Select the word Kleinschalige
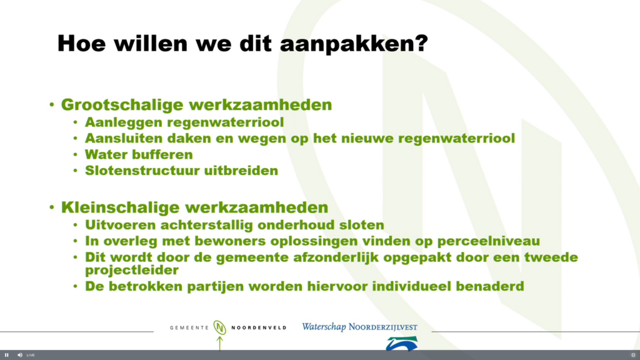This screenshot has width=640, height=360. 121,207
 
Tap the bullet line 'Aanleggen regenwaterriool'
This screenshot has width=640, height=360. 184,122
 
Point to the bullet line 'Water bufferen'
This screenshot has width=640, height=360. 139,155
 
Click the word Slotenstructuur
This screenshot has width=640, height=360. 141,171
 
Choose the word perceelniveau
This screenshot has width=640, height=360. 489,242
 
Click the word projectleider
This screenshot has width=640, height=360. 132,270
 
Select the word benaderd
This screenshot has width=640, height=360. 490,286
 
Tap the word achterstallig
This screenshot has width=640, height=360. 207,225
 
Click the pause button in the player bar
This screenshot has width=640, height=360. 6,355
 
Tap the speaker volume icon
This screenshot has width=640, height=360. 19,355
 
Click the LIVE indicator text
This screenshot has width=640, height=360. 31,355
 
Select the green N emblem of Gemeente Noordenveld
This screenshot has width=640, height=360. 219,327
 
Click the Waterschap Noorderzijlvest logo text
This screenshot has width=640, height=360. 359,327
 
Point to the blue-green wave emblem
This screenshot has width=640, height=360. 402,343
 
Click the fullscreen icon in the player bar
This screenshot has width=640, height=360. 633,355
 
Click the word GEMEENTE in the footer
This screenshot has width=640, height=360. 189,327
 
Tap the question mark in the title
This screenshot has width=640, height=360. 422,42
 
